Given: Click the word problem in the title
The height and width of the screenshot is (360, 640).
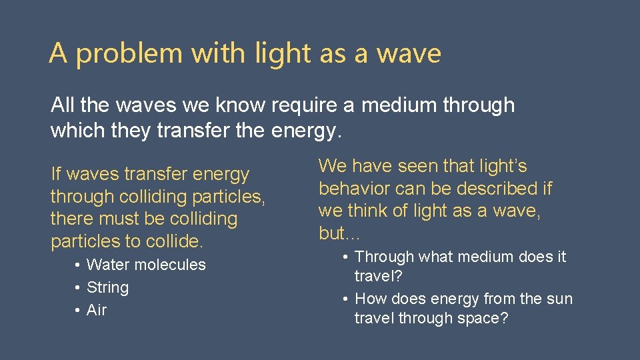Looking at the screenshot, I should (x=129, y=53).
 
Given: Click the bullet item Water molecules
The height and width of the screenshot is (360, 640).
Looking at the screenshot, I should (x=146, y=265).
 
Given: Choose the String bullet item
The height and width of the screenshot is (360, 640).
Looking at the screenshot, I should (x=107, y=287).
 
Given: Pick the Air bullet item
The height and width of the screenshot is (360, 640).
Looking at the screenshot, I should (x=97, y=310).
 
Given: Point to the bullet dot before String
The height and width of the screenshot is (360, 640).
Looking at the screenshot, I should (x=78, y=288).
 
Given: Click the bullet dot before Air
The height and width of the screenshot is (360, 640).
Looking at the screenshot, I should (x=78, y=311).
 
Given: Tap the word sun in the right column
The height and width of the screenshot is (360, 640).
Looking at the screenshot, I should (x=559, y=299).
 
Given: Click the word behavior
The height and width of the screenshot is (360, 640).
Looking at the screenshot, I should (x=354, y=189).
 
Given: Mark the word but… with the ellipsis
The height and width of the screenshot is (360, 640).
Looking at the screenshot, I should (x=340, y=233).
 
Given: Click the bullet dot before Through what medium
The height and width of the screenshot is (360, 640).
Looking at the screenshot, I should (x=346, y=257).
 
